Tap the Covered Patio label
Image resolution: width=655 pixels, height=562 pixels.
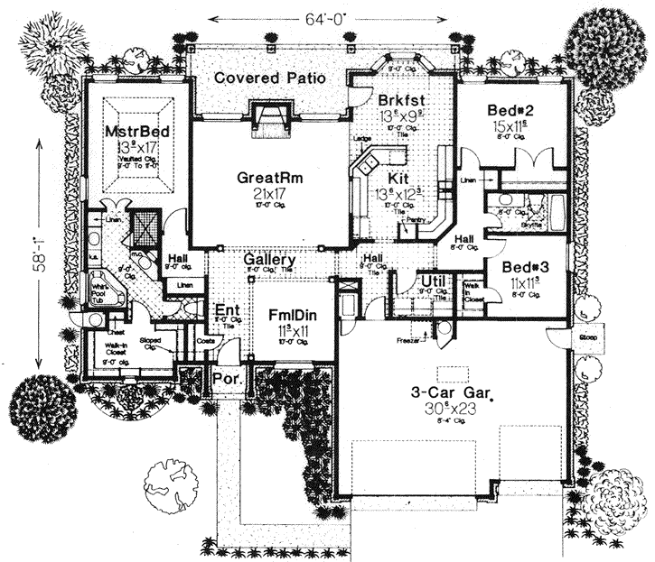click(x=269, y=78)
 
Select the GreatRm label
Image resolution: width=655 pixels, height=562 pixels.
click(x=270, y=178)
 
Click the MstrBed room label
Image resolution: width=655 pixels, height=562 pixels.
click(x=137, y=131)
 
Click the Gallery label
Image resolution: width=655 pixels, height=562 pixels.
click(x=267, y=260)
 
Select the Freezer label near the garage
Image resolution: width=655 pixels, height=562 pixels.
click(x=406, y=340)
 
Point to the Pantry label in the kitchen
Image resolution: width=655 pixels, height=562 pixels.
click(x=416, y=219)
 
